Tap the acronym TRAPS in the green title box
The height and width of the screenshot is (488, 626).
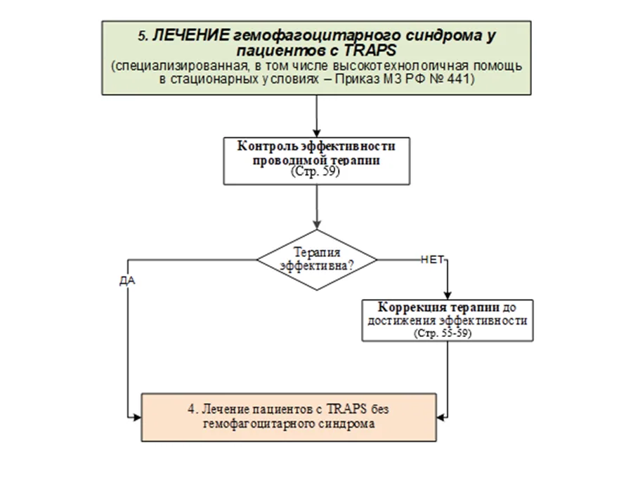click(370, 51)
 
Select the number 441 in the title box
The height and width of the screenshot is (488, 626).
click(458, 79)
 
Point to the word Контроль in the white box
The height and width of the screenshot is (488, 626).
click(268, 147)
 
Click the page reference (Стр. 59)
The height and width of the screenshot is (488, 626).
click(315, 171)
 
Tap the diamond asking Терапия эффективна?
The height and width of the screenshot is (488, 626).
click(317, 260)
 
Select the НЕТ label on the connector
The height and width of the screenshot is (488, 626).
click(432, 260)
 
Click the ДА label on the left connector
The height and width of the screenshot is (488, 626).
click(127, 281)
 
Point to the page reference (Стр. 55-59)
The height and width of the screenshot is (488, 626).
click(443, 334)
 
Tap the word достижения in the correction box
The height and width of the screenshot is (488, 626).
click(402, 321)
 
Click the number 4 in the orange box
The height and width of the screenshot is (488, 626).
click(191, 409)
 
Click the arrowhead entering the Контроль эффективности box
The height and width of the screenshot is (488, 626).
click(317, 133)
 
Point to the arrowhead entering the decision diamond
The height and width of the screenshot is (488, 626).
click(317, 225)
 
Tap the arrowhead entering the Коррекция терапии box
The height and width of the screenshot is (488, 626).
click(448, 296)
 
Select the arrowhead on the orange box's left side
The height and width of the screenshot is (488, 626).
click(137, 418)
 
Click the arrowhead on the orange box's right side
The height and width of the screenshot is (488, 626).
click(441, 418)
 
